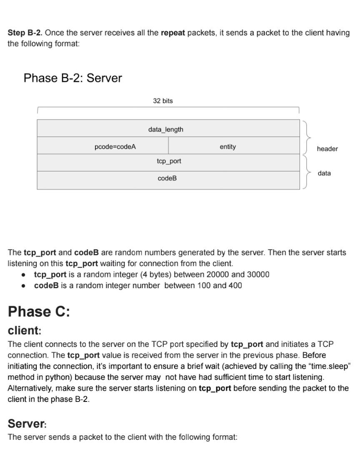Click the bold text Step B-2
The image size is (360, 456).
tap(25, 33)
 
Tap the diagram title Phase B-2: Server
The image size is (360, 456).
tap(72, 78)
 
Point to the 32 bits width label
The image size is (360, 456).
tap(162, 101)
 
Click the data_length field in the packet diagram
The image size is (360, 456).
tap(165, 130)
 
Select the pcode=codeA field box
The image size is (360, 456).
tap(115, 147)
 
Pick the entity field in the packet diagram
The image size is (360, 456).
tap(227, 147)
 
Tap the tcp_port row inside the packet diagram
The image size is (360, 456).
tap(169, 161)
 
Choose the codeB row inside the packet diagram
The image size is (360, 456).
tap(167, 178)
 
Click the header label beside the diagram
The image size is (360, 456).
tap(327, 149)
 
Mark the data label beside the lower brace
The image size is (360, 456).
tap(324, 173)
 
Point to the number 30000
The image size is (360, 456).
tap(258, 274)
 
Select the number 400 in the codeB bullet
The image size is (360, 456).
tap(235, 286)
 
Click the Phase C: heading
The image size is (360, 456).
tap(39, 311)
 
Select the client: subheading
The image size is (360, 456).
tap(25, 331)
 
